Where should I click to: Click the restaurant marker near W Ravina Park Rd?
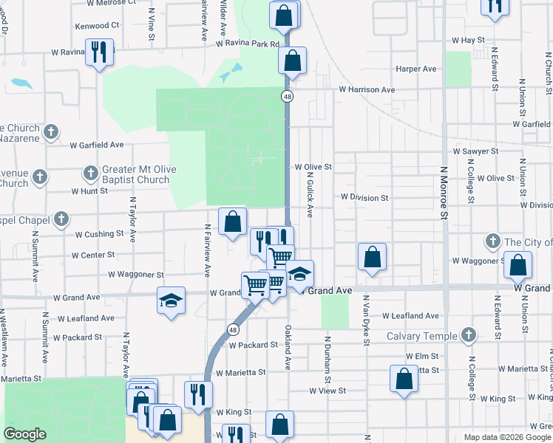click(98, 53)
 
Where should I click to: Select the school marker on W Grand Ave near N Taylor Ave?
click(171, 301)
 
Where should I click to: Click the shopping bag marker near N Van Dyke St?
click(373, 258)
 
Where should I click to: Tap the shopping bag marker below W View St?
click(404, 380)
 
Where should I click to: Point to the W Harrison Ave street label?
click(367, 89)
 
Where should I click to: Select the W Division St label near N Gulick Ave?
click(364, 198)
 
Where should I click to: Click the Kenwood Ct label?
click(97, 25)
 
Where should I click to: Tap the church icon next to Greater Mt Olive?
click(90, 174)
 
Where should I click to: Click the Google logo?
click(24, 434)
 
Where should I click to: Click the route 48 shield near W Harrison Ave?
click(286, 96)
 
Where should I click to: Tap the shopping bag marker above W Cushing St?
click(233, 221)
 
